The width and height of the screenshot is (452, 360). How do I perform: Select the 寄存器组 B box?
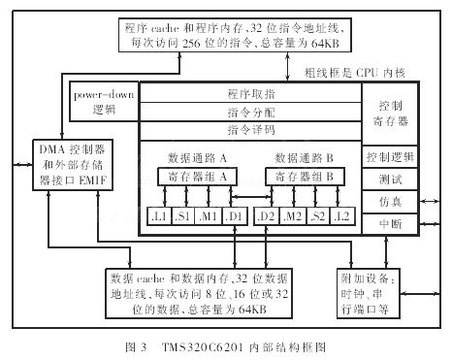click(x=304, y=178)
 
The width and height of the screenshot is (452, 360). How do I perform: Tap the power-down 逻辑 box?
click(x=104, y=103)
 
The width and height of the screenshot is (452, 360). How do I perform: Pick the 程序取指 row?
click(x=251, y=94)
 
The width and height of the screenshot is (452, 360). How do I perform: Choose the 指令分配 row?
click(x=251, y=113)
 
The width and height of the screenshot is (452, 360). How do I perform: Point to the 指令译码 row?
click(x=251, y=129)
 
